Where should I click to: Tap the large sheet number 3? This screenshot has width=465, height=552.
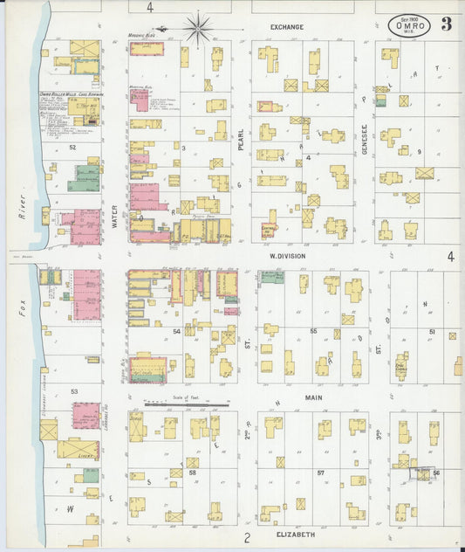tap(447, 24)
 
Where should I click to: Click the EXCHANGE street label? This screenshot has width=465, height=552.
tap(286, 27)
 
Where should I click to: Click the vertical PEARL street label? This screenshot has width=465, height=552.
tap(241, 138)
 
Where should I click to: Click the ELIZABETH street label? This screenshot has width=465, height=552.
tap(294, 533)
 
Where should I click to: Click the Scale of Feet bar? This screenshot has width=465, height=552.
tap(186, 404)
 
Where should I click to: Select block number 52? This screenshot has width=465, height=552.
tap(73, 148)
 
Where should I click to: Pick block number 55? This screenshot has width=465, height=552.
tap(312, 332)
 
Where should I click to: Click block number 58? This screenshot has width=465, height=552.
tap(193, 473)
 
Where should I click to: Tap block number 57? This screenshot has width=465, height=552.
tap(320, 473)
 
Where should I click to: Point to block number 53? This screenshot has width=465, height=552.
tap(74, 392)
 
